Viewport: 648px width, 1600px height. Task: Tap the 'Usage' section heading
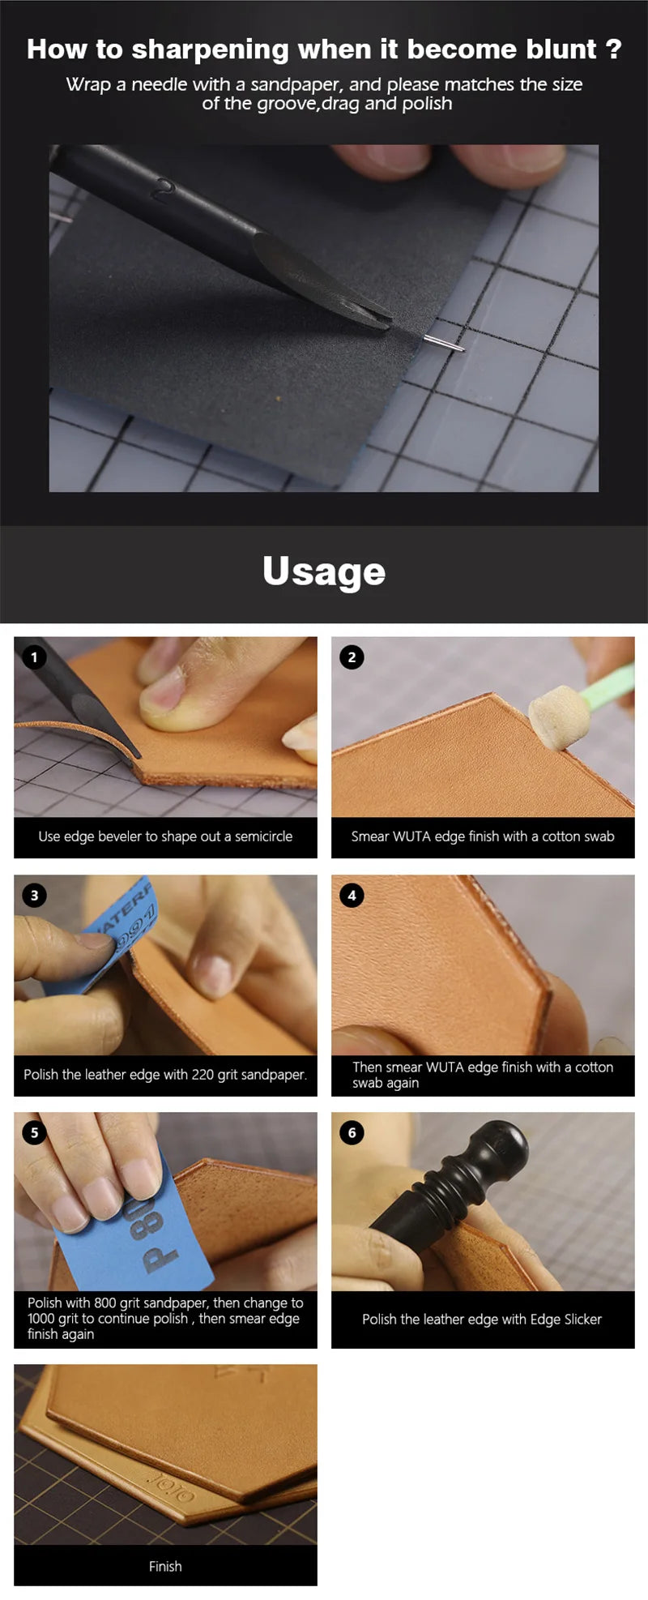324,571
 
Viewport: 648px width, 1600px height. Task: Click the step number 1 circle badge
34,657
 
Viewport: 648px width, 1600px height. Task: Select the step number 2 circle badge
352,657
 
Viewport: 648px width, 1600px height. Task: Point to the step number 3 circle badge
34,895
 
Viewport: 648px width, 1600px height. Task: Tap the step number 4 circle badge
352,895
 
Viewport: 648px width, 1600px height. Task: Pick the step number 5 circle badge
34,1132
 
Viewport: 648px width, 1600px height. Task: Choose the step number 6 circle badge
352,1132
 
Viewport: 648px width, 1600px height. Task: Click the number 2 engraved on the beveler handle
164,189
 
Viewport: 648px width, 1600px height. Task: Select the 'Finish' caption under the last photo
165,1566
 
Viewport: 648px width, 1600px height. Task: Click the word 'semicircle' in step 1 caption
263,836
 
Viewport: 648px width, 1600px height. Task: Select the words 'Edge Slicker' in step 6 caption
565,1319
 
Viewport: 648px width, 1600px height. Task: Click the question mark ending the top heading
613,49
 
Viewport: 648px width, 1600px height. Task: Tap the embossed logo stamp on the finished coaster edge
170,1485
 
